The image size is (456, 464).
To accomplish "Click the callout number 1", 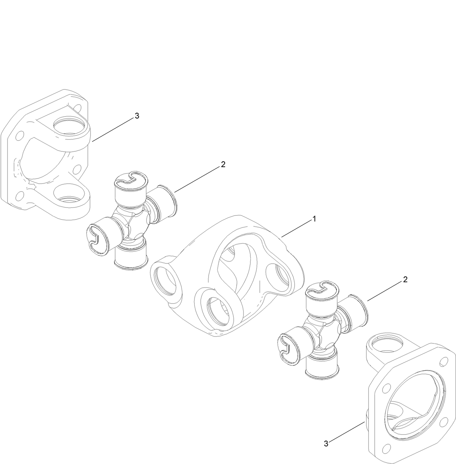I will (315, 219).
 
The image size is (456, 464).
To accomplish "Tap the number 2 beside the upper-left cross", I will (223, 164).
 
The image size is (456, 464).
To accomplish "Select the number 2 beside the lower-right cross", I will (405, 279).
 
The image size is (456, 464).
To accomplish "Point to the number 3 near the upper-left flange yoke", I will (137, 116).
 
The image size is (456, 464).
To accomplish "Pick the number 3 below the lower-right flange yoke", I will (326, 443).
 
